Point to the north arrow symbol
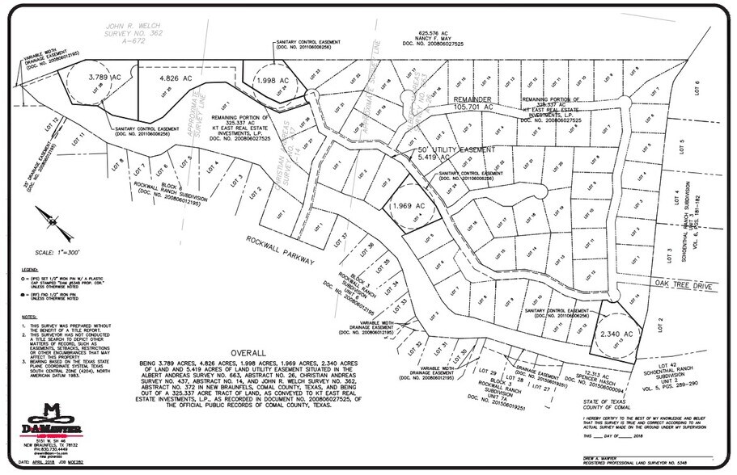pos(47,216)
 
